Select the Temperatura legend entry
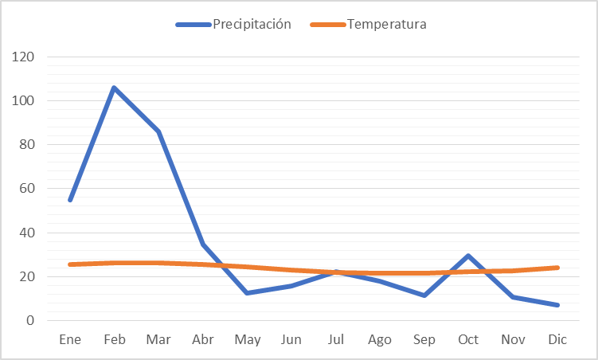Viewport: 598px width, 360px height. pyautogui.click(x=386, y=24)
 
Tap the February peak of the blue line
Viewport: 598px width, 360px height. pyautogui.click(x=115, y=88)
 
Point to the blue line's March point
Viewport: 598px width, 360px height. pyautogui.click(x=158, y=131)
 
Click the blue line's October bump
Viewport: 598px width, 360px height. pyautogui.click(x=468, y=256)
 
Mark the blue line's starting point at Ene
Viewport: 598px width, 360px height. pyautogui.click(x=70, y=200)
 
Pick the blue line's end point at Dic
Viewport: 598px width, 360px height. pyautogui.click(x=557, y=305)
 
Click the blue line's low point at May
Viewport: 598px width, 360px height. pyautogui.click(x=247, y=293)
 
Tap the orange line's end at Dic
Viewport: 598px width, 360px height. pyautogui.click(x=557, y=268)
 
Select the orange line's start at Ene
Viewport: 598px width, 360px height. pyautogui.click(x=70, y=264)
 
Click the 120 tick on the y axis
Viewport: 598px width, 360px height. pyautogui.click(x=24, y=57)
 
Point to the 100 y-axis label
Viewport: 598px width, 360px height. pyautogui.click(x=24, y=101)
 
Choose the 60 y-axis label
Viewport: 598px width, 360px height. pyautogui.click(x=27, y=189)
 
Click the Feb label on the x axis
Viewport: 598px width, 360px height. pyautogui.click(x=115, y=340)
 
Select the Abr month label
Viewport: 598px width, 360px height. pyautogui.click(x=202, y=340)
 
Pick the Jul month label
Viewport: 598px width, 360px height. pyautogui.click(x=335, y=340)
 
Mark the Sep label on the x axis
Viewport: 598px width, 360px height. pyautogui.click(x=424, y=340)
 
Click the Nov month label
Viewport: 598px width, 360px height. pyautogui.click(x=513, y=340)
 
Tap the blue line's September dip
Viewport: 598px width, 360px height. pyautogui.click(x=424, y=295)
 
